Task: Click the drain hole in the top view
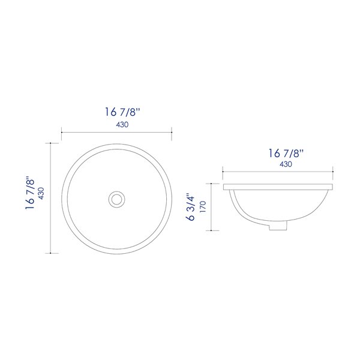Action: [116, 198]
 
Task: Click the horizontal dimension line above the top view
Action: [117, 132]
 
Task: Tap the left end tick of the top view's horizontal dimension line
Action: [62, 132]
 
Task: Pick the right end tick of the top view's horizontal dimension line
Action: [172, 132]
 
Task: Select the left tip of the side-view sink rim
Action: [224, 187]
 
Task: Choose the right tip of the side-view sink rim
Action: [333, 187]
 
